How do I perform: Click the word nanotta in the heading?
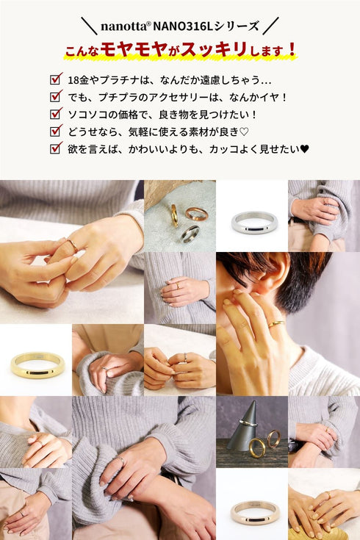click(123, 26)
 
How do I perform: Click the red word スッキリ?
click(214, 49)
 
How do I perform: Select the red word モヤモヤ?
click(134, 50)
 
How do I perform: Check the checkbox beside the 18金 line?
click(56, 79)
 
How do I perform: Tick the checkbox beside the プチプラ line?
click(56, 96)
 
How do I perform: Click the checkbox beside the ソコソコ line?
click(56, 113)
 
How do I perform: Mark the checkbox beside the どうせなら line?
click(56, 131)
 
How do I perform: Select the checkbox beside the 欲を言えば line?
click(56, 148)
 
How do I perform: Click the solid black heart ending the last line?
click(305, 148)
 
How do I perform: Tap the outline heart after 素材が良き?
click(244, 132)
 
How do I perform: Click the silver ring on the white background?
click(254, 222)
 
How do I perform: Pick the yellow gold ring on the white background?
click(37, 365)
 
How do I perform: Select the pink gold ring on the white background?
click(255, 513)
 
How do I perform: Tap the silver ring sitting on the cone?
click(248, 423)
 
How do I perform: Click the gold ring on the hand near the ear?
click(276, 324)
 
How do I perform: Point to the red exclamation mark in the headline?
click(292, 50)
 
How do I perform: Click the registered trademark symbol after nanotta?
click(149, 24)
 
